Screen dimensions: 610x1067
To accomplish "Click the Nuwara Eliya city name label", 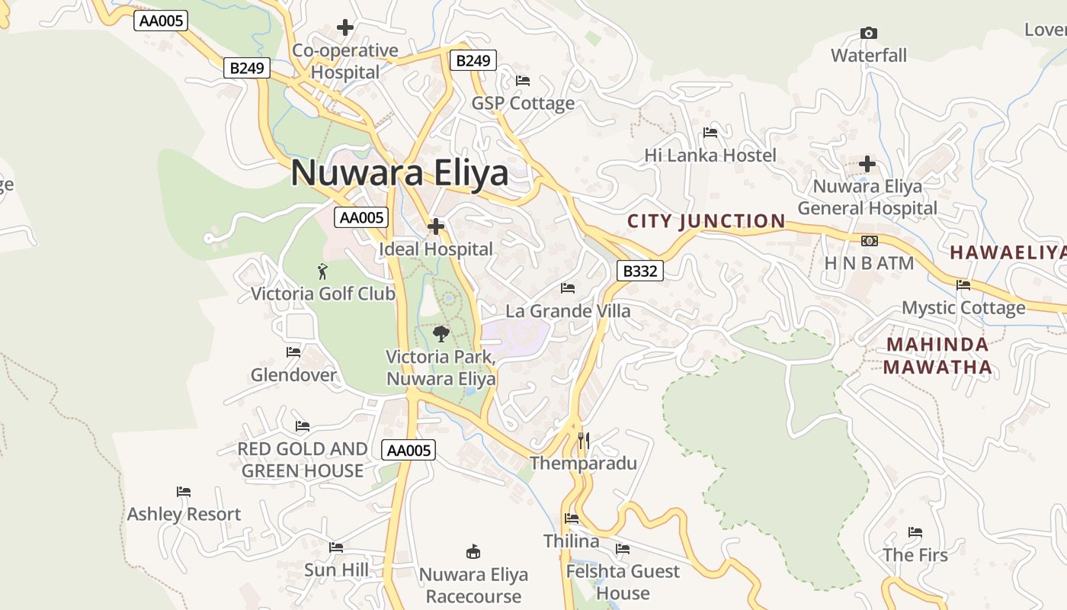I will click(x=399, y=173).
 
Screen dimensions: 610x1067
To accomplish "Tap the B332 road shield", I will click(x=639, y=271).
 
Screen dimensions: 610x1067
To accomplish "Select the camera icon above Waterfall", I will click(x=868, y=33).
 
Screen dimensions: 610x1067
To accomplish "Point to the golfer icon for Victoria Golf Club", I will click(x=322, y=271).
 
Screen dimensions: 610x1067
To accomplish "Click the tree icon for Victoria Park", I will click(x=441, y=333).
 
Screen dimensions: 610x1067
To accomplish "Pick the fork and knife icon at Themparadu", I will click(x=583, y=440).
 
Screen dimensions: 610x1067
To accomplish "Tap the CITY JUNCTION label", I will click(x=706, y=221).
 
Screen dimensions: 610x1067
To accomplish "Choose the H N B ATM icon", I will click(x=869, y=241).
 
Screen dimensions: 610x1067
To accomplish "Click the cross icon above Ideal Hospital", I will click(x=436, y=226).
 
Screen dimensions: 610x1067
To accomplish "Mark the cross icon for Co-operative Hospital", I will click(x=345, y=28).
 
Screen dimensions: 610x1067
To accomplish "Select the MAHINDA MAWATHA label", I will click(x=937, y=356).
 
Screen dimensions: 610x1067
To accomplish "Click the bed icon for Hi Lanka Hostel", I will click(x=710, y=133).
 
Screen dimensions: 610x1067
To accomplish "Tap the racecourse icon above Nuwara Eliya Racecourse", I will click(x=473, y=551).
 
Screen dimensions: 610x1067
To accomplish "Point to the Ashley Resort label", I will click(x=184, y=514).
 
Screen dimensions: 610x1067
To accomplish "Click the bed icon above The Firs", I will click(x=915, y=532).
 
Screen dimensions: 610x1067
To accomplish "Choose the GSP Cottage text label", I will click(x=523, y=103).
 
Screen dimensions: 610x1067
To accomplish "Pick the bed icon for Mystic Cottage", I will click(x=963, y=285).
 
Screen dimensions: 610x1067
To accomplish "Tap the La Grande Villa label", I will click(x=568, y=311).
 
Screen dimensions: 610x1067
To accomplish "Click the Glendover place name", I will click(x=293, y=375).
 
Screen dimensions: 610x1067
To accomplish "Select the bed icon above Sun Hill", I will click(x=336, y=547).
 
